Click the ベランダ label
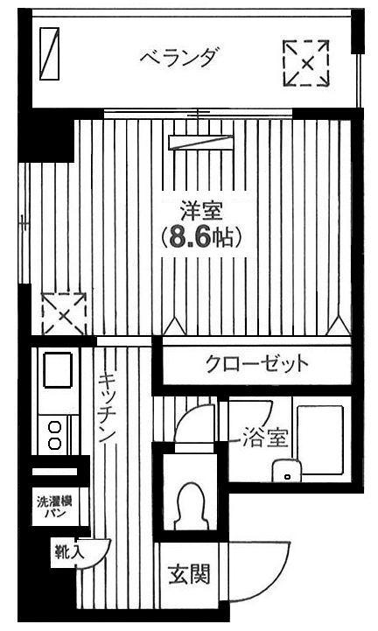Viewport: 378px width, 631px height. click(180, 57)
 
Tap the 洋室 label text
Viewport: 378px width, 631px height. click(201, 212)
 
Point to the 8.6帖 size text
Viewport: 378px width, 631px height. click(201, 237)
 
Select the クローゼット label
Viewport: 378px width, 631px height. click(257, 365)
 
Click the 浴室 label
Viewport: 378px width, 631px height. click(265, 438)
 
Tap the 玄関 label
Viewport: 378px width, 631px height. click(189, 574)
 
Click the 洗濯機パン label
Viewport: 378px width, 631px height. click(55, 507)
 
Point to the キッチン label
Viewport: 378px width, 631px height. click(108, 408)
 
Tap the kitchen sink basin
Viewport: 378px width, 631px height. click(58, 369)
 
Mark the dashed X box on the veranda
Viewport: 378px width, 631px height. click(306, 63)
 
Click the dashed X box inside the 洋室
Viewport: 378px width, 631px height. click(64, 315)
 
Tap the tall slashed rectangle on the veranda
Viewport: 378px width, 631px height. click(50, 53)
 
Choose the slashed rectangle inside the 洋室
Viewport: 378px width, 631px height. click(201, 143)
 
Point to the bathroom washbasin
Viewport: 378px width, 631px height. click(287, 471)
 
